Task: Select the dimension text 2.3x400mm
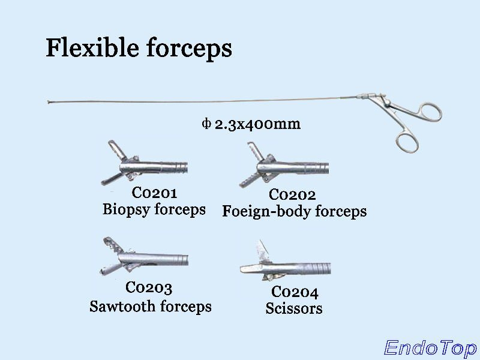click(257, 124)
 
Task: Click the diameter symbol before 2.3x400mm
click(206, 124)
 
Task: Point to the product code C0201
click(154, 194)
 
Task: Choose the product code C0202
click(292, 195)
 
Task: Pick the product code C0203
click(149, 288)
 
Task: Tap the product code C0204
click(295, 292)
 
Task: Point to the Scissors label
click(294, 308)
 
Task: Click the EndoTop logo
click(430, 347)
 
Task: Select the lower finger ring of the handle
click(407, 142)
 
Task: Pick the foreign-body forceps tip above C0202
click(282, 165)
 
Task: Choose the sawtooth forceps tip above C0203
click(141, 257)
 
